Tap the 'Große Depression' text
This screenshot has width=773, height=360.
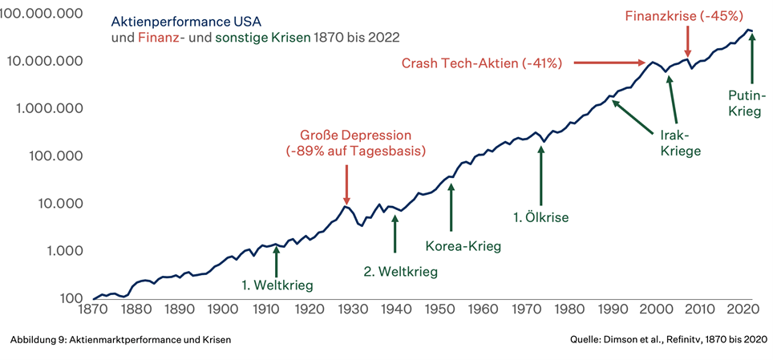(355, 134)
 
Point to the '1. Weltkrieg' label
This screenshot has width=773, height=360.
(277, 284)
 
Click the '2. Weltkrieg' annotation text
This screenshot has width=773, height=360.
(401, 272)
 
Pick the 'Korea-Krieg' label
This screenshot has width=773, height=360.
(463, 246)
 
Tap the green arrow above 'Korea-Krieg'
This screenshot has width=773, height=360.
(451, 208)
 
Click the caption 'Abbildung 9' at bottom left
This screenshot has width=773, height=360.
(38, 341)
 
